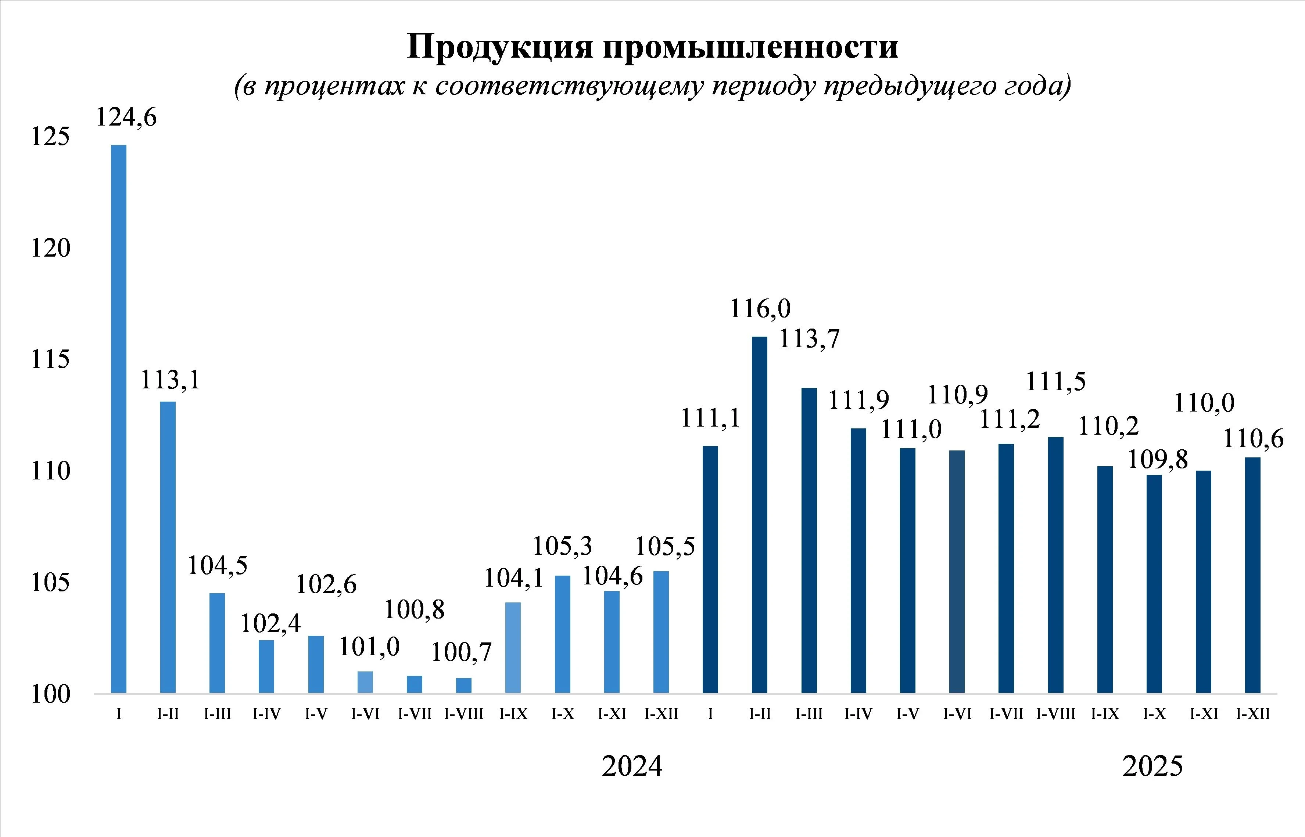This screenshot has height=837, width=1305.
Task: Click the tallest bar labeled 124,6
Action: [119, 418]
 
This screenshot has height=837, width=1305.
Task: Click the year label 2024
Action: [632, 767]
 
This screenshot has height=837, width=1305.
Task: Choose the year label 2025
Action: [1152, 767]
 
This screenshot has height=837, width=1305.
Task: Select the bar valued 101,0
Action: [365, 682]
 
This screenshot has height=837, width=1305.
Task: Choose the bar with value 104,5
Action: [217, 642]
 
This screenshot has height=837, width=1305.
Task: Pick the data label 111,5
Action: [1055, 381]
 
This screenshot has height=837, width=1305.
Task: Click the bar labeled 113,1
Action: [168, 547]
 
